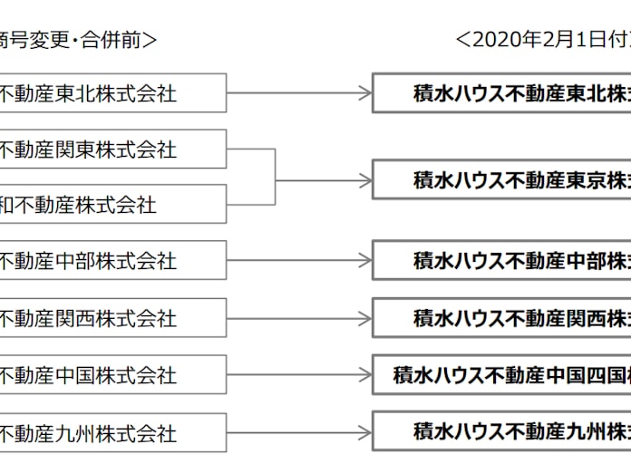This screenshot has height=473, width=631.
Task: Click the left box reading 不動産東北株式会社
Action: (109, 92)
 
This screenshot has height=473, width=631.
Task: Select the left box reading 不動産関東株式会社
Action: (109, 149)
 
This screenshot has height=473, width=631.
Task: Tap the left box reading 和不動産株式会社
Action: (109, 205)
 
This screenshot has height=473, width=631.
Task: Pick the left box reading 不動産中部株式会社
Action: (109, 261)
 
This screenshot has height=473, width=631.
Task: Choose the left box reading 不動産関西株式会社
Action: (109, 318)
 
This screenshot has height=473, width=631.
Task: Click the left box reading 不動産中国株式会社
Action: (109, 374)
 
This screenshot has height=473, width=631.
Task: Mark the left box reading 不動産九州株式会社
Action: (109, 432)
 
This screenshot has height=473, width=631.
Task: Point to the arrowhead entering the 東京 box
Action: (364, 179)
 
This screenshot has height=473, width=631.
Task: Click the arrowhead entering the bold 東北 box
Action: (364, 92)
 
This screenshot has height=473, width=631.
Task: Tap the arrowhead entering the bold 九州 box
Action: (364, 432)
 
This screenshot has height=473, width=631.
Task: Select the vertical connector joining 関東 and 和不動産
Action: (275, 178)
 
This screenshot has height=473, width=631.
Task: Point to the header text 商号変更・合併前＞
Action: (77, 39)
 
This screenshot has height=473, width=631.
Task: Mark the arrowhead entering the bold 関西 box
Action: (364, 318)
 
